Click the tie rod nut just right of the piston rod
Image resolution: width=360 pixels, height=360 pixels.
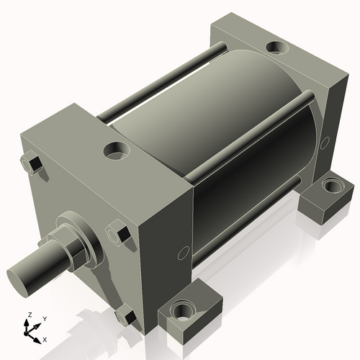118,234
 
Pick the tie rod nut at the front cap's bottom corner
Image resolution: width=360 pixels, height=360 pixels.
125,316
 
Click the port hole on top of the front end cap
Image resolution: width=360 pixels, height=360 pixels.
115,151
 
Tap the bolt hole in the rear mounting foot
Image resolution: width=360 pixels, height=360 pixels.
330,186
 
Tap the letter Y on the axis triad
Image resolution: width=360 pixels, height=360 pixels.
44,318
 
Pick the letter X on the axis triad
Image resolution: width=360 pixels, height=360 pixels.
45,338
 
